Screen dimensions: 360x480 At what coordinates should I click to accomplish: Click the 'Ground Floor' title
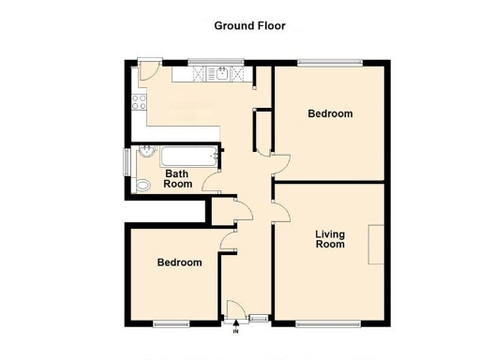click(249, 26)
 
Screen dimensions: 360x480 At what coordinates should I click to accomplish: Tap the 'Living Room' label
click(329, 239)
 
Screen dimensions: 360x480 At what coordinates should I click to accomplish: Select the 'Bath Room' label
click(178, 179)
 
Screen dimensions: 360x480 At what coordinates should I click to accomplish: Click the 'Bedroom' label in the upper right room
click(330, 114)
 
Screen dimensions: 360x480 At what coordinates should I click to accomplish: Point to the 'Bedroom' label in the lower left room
click(179, 263)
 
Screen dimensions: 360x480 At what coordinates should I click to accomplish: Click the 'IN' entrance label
click(236, 331)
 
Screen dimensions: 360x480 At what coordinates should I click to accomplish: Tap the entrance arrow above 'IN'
click(236, 323)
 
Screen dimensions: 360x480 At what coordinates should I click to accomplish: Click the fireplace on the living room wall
click(375, 245)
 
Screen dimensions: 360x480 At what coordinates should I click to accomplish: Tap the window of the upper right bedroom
click(330, 63)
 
